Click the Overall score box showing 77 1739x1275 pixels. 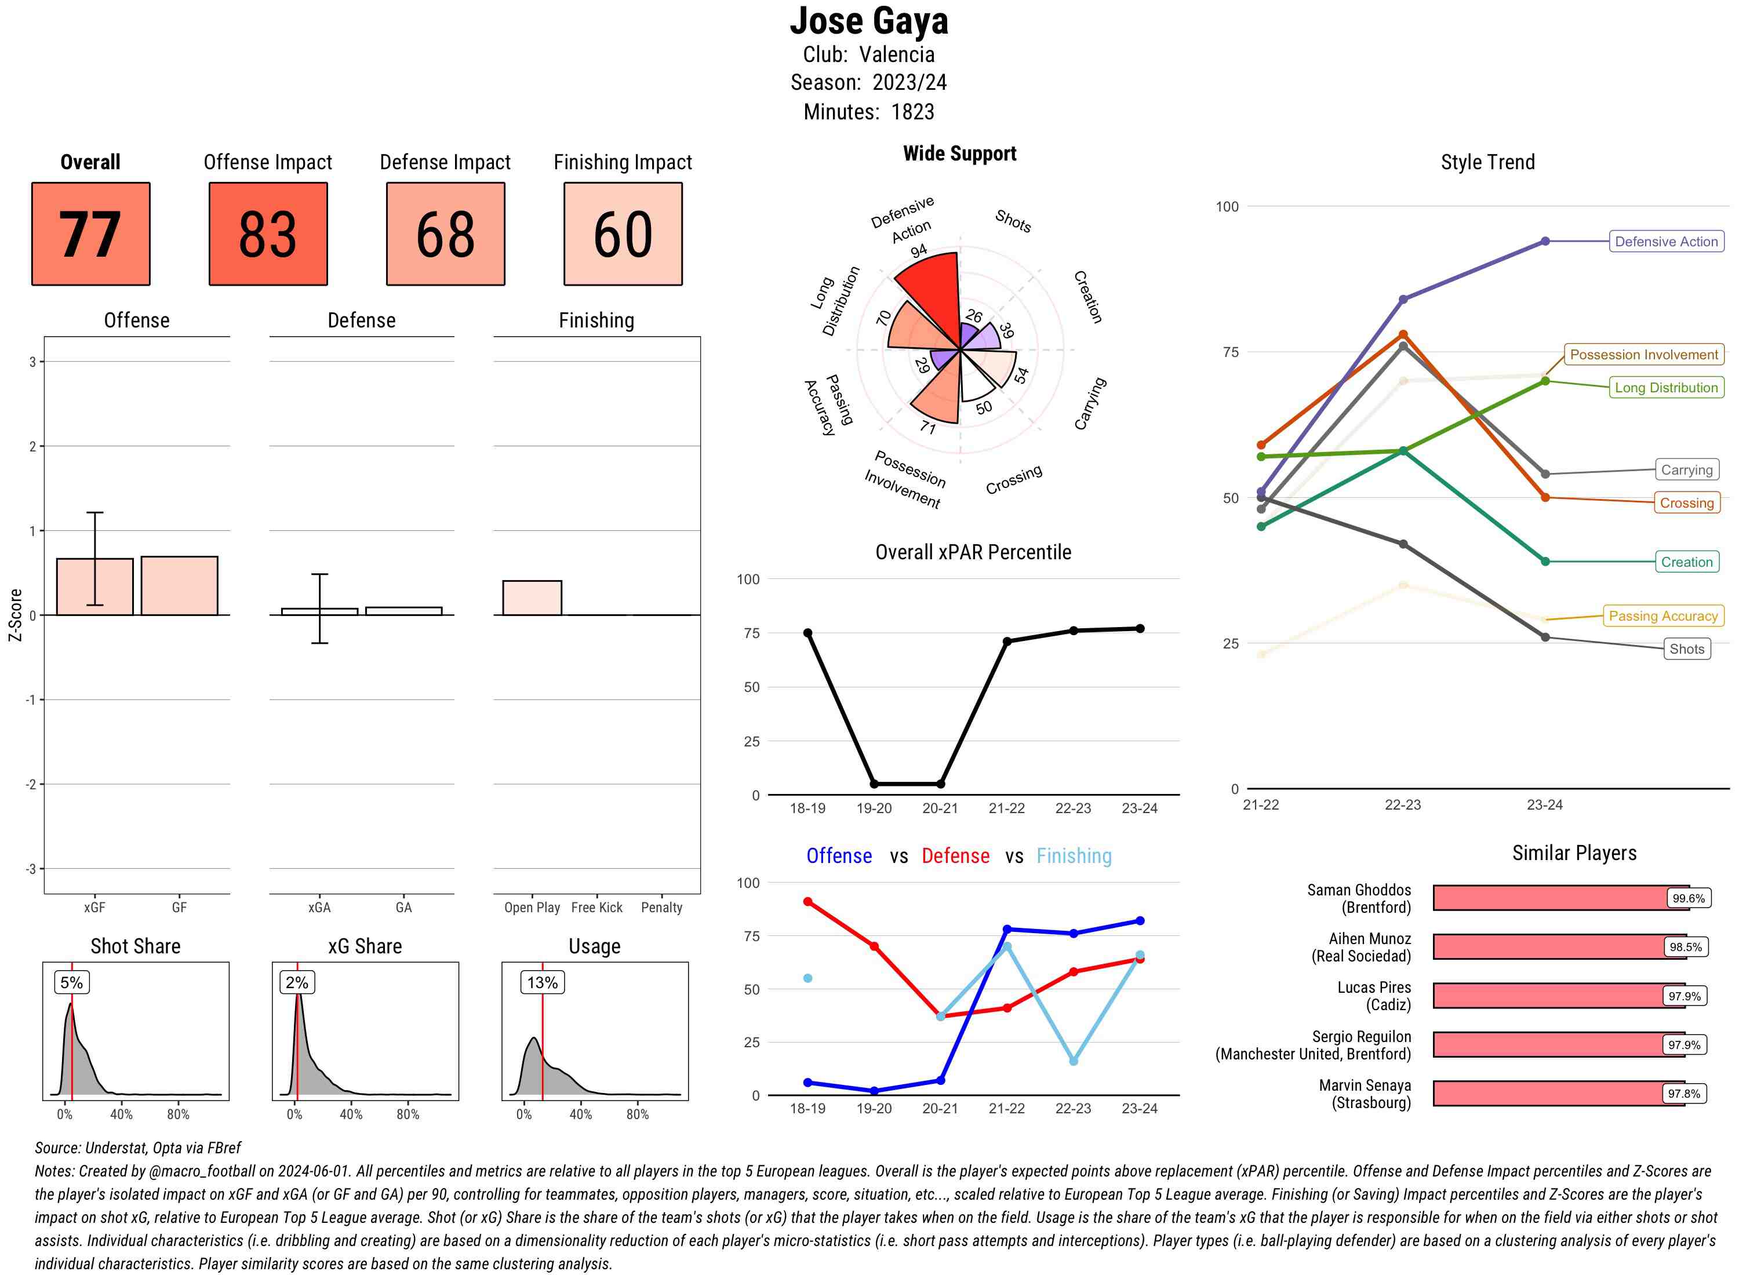click(x=90, y=234)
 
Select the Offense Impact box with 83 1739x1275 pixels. click(x=268, y=234)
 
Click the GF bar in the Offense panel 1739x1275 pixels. click(x=179, y=586)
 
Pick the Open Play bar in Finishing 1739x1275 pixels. click(x=532, y=598)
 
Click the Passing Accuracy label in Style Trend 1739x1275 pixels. click(x=1662, y=616)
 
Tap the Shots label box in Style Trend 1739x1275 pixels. click(x=1686, y=649)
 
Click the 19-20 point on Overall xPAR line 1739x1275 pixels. click(x=874, y=784)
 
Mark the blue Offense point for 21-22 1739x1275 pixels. click(x=1006, y=929)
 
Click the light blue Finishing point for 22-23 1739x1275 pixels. click(x=1073, y=1061)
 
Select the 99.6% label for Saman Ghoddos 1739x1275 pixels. click(x=1687, y=898)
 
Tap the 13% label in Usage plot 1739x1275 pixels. click(x=542, y=982)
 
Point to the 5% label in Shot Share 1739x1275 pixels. click(x=72, y=982)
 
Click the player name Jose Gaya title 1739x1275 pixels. click(x=868, y=21)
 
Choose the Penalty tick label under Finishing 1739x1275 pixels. click(x=661, y=908)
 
